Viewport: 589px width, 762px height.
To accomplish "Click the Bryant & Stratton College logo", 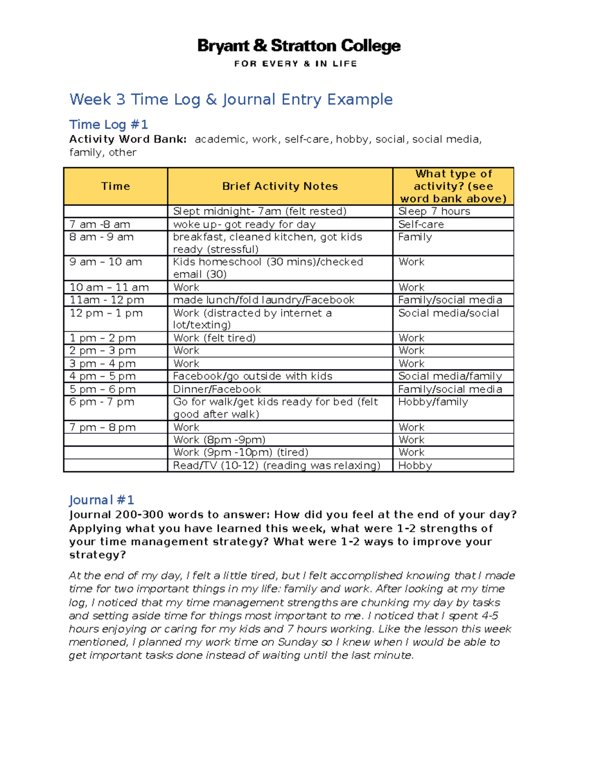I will tap(298, 46).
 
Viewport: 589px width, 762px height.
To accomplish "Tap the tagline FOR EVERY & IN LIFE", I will tap(295, 64).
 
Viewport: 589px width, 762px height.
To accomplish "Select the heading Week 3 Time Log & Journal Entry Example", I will tap(231, 100).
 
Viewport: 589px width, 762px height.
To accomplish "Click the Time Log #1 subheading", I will tap(108, 125).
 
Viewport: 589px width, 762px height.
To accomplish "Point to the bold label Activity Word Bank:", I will tap(128, 139).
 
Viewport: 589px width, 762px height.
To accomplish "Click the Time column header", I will tap(115, 186).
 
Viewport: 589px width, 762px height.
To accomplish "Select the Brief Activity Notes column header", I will tap(280, 186).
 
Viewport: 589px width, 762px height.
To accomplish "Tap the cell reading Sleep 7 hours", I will tap(434, 211).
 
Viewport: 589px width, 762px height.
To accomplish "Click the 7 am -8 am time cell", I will tap(100, 225).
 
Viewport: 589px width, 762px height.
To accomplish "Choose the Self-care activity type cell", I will tap(421, 225).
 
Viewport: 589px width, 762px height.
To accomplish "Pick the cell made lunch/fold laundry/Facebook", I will tap(264, 300).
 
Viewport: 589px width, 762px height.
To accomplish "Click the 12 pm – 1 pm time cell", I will tap(106, 313).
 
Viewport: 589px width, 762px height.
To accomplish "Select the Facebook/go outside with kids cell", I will tap(252, 376).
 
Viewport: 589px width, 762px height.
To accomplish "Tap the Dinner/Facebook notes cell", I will tap(217, 390).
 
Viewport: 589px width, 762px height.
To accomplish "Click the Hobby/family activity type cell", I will tap(433, 402).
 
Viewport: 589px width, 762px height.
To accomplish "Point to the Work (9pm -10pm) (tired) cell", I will tap(241, 452).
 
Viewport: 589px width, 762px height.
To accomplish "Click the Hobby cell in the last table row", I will tap(415, 466).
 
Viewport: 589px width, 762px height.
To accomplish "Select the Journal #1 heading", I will tap(101, 500).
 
